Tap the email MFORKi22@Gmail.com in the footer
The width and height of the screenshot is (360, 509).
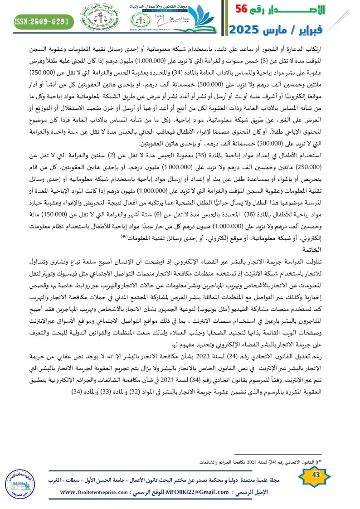pyautogui.click(x=191, y=492)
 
